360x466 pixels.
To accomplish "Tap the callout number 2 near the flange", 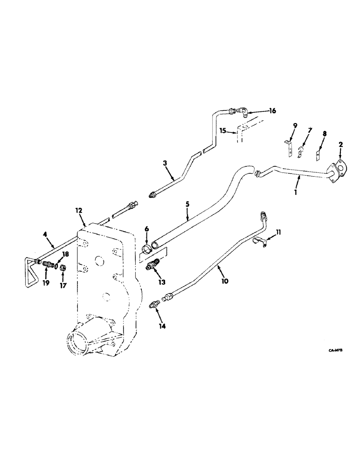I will point(340,145).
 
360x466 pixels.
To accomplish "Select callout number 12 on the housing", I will point(79,211).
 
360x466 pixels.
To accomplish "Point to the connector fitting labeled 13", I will point(153,265).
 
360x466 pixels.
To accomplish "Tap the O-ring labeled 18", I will point(56,267).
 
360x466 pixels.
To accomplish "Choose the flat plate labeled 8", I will point(319,153).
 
